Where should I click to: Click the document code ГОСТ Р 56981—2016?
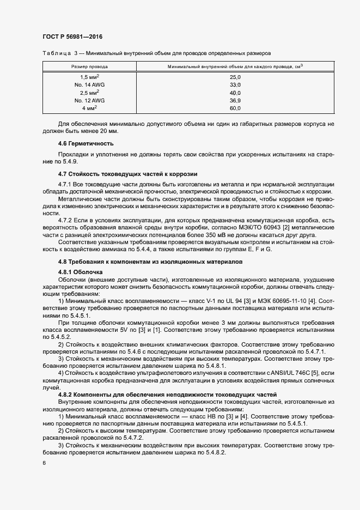(72, 37)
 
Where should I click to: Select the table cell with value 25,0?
(235, 77)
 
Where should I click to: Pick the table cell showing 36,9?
(235, 101)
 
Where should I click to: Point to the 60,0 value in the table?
(235, 108)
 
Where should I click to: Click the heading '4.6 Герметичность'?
(86, 144)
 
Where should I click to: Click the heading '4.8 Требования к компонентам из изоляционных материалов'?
(151, 262)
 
